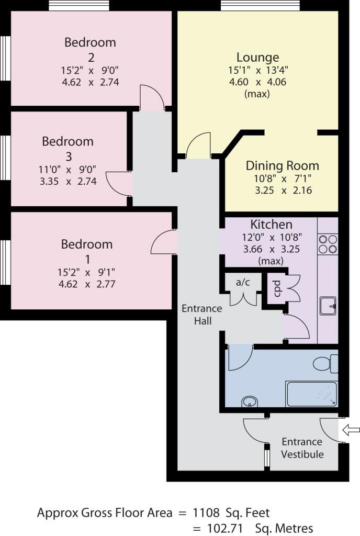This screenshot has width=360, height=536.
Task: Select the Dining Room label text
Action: click(x=282, y=166)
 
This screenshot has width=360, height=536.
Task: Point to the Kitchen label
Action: click(x=271, y=225)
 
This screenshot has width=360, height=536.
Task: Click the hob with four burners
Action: click(x=328, y=243)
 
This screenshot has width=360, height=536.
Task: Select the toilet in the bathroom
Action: click(x=325, y=363)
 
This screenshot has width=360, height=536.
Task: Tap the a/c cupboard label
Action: click(x=243, y=282)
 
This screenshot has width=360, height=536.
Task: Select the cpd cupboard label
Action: click(x=277, y=288)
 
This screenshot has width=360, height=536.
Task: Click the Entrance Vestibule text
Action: click(x=302, y=448)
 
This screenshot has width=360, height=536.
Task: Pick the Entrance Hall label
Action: click(x=202, y=314)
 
